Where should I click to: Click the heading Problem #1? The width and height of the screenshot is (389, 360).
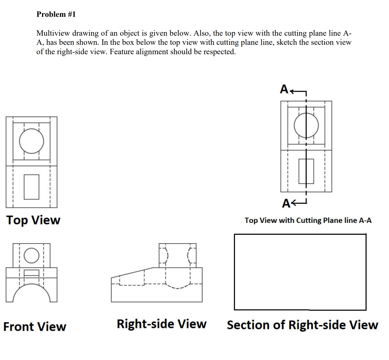pyautogui.click(x=56, y=14)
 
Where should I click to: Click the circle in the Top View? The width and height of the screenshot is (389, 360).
pyautogui.click(x=31, y=141)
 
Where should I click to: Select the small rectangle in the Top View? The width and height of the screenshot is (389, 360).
pyautogui.click(x=31, y=187)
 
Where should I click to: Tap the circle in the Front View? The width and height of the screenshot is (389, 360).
pyautogui.click(x=31, y=255)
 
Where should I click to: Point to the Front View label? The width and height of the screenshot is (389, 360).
pyautogui.click(x=35, y=327)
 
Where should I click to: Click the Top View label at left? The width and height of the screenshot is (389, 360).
pyautogui.click(x=33, y=220)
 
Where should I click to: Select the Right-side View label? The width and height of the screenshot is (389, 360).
pyautogui.click(x=162, y=324)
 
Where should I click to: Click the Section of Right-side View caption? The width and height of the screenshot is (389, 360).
pyautogui.click(x=302, y=325)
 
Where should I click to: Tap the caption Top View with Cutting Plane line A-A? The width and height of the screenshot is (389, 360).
pyautogui.click(x=308, y=221)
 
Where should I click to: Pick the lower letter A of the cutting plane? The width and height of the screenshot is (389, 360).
pyautogui.click(x=286, y=203)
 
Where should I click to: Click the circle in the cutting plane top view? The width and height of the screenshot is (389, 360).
pyautogui.click(x=306, y=125)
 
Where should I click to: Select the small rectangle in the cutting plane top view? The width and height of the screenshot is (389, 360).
pyautogui.click(x=306, y=171)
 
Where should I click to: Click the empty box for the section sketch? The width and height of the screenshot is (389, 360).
pyautogui.click(x=300, y=272)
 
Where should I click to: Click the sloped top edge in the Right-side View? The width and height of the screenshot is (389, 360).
pyautogui.click(x=132, y=272)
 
